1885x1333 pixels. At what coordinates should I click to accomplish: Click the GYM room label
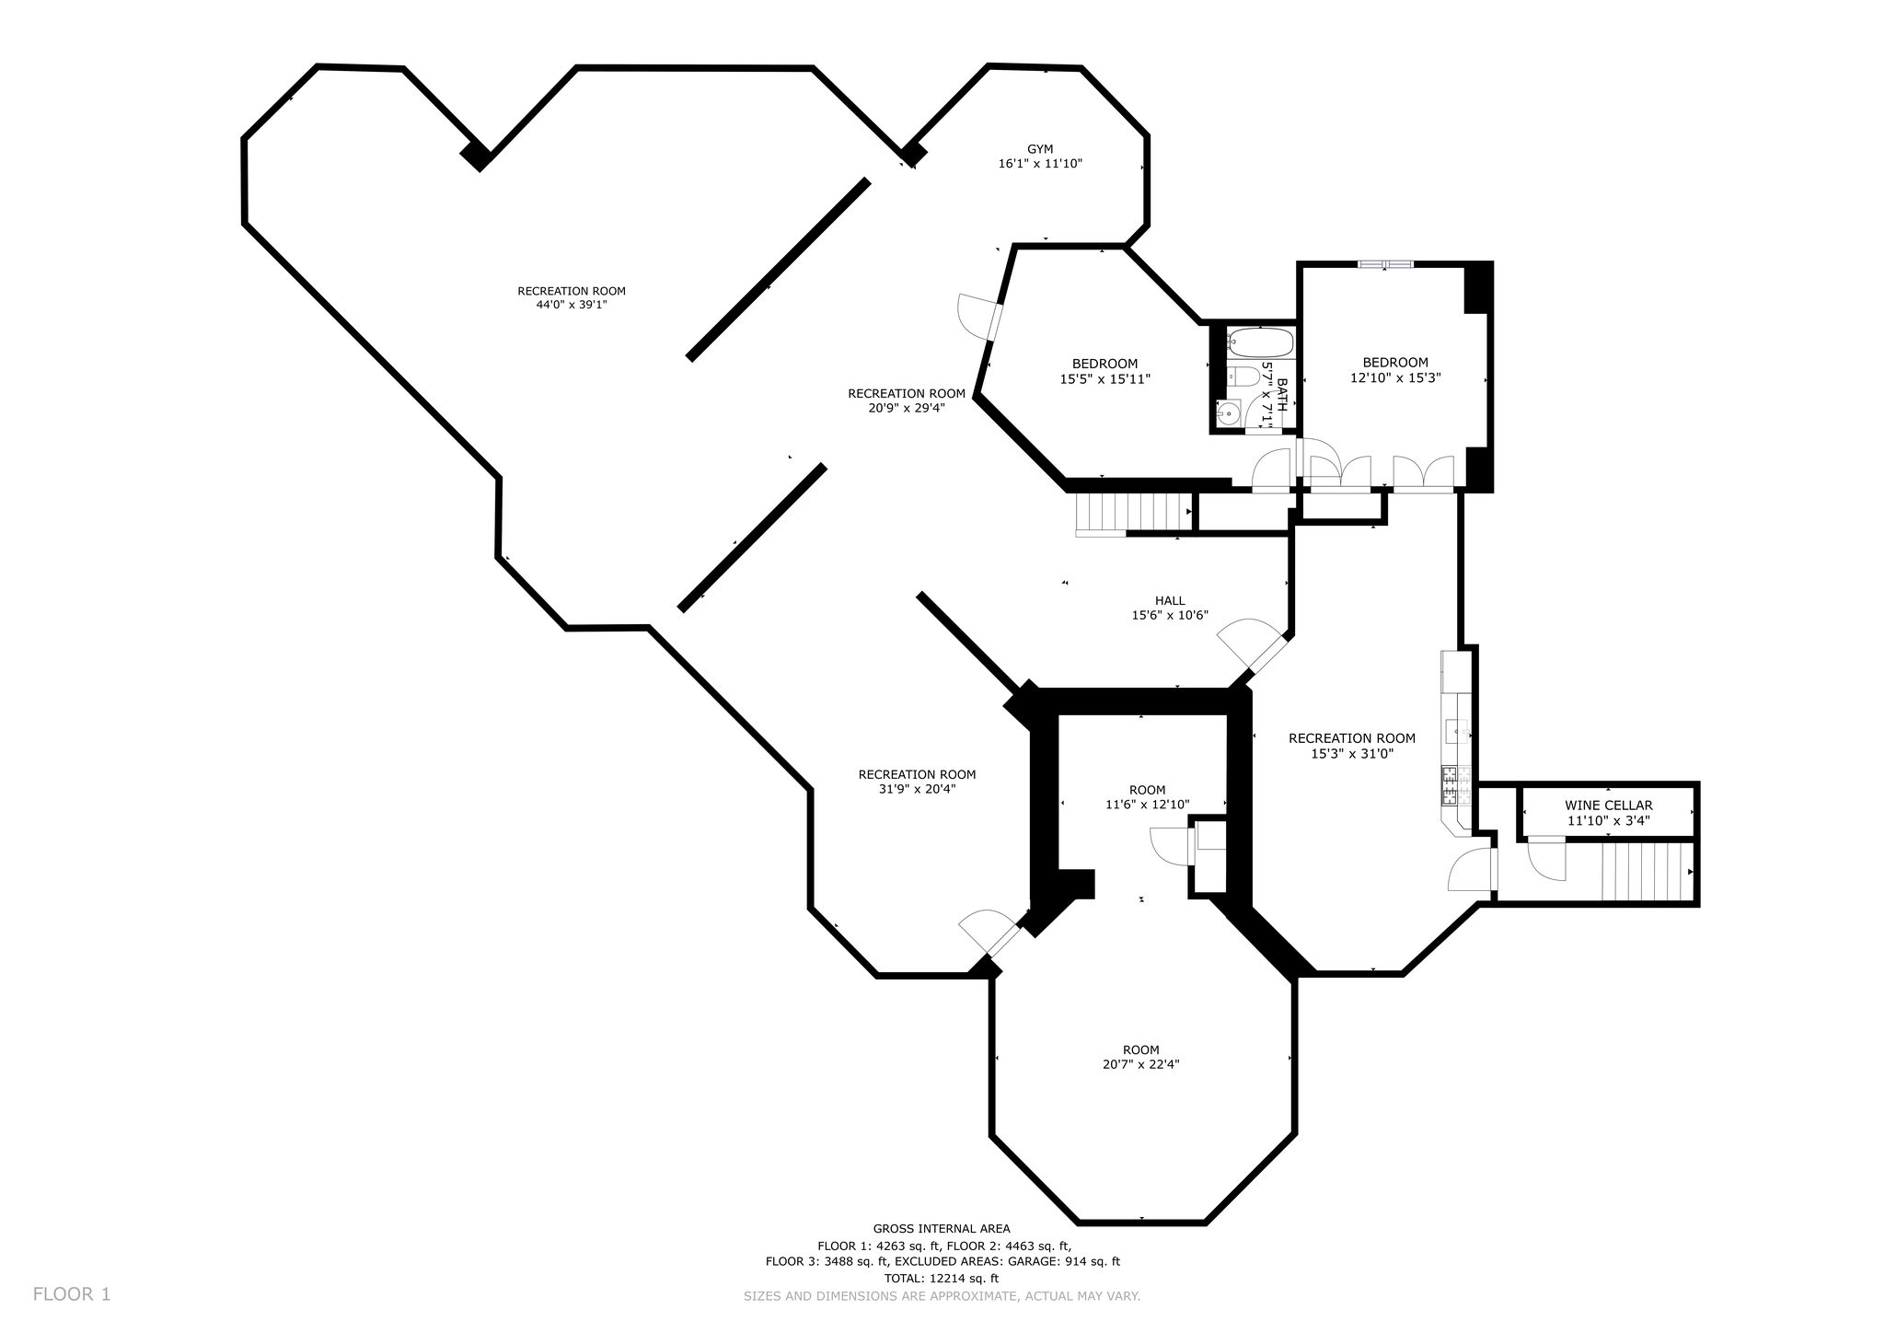[x=1040, y=149]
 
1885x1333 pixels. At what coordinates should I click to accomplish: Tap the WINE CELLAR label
[x=1608, y=806]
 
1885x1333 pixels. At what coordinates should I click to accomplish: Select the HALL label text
[x=1170, y=601]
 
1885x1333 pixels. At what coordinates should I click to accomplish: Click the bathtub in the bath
[x=1262, y=342]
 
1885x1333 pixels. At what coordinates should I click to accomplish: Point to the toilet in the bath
[x=1243, y=377]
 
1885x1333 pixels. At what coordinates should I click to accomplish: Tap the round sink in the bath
[x=1228, y=415]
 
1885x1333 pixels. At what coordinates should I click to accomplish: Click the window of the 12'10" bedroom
[x=1385, y=265]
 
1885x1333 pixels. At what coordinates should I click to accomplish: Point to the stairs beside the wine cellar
[x=1648, y=871]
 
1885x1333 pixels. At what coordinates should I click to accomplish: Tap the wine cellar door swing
[x=1546, y=859]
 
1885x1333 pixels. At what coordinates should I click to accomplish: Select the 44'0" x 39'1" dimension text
[x=572, y=305]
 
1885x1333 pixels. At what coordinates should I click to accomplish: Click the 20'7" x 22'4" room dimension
[x=1141, y=1064]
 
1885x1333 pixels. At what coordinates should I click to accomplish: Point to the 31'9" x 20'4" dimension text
[x=917, y=789]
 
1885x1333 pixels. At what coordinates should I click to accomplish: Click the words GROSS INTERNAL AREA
[x=942, y=1228]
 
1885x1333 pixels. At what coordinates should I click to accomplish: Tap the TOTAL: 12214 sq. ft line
[x=942, y=1279]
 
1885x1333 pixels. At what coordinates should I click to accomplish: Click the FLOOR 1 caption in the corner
[x=72, y=1294]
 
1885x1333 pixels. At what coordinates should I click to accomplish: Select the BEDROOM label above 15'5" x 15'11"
[x=1104, y=364]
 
